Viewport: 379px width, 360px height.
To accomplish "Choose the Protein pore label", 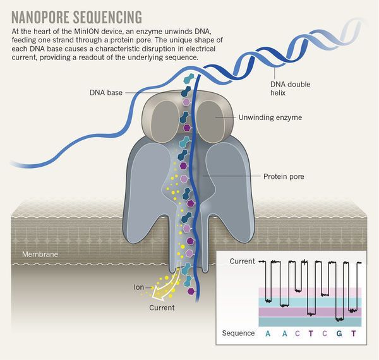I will (x=284, y=176).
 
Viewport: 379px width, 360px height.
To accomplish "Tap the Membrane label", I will (x=39, y=254).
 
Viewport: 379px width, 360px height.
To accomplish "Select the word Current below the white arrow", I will (x=162, y=308).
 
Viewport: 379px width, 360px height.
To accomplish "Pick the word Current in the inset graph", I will (x=242, y=261).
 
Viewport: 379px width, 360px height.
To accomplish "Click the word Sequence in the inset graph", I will (x=239, y=333).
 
